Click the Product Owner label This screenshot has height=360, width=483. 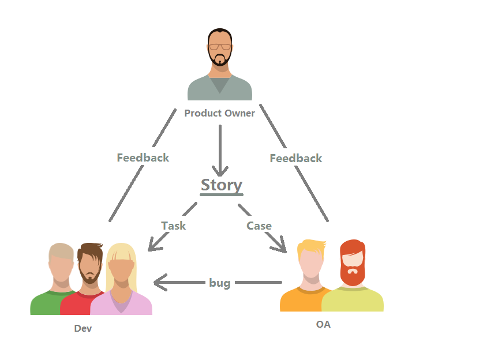point(219,113)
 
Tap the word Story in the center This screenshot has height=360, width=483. point(222,185)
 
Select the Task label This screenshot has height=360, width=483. point(173,226)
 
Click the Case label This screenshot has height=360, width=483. point(259,226)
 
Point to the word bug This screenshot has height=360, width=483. point(219,283)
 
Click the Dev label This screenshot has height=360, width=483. point(83,329)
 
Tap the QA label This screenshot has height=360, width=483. point(323,324)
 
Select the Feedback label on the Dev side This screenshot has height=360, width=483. point(143,157)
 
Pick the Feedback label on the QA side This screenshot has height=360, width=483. point(295,158)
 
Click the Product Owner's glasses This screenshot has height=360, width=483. point(220,46)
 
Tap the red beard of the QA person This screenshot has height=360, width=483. point(352,273)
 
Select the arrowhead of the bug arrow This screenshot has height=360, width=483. point(159,283)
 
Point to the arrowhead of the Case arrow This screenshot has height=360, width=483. point(282,247)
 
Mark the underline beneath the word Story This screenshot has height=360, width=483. point(222,195)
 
